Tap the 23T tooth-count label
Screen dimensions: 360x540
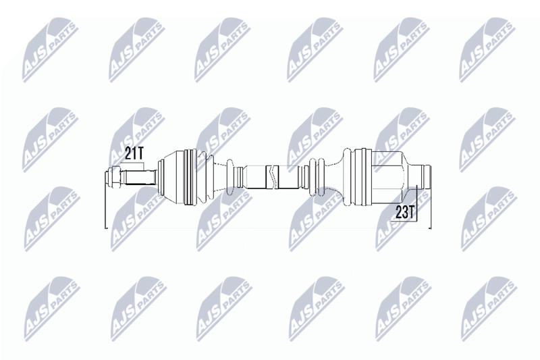(404, 213)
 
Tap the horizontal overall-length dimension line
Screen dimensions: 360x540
(270, 228)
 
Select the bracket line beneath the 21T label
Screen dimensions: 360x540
(135, 165)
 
